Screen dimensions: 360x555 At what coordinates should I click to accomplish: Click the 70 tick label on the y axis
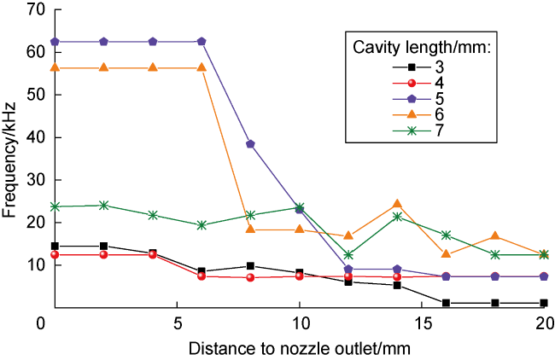click(x=34, y=9)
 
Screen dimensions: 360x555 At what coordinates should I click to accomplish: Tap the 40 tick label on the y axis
click(x=34, y=137)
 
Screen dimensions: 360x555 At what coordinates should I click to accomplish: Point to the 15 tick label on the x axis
click(x=422, y=325)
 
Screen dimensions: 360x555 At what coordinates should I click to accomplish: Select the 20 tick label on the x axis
click(x=545, y=325)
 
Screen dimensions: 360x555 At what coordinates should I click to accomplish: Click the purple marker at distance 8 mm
click(x=250, y=144)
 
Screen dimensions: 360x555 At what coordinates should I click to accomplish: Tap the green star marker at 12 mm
click(x=348, y=254)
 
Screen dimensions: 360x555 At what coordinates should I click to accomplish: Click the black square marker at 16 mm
click(x=447, y=303)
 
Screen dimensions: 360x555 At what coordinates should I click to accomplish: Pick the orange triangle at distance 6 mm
click(x=202, y=67)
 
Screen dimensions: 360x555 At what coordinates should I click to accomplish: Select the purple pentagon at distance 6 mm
click(x=202, y=41)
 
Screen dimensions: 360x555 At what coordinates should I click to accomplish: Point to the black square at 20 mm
click(x=545, y=303)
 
